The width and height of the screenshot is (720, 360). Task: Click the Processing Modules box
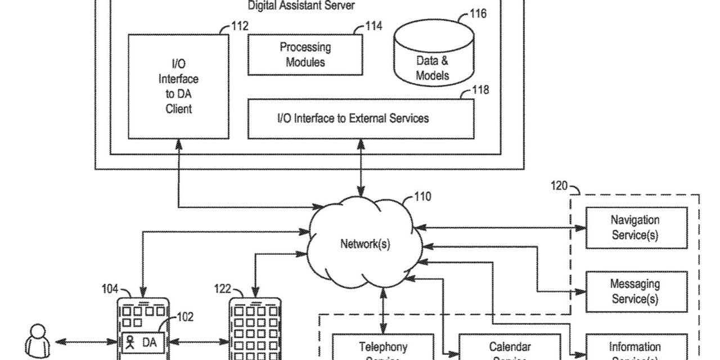click(x=305, y=55)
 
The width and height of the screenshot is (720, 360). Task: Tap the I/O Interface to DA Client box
click(x=178, y=87)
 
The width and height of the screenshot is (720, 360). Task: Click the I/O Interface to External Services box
click(x=360, y=119)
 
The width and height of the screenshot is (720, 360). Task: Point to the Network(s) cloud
click(x=364, y=244)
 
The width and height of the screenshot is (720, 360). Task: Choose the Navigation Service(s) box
click(x=636, y=228)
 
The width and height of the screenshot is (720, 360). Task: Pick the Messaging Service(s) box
click(x=636, y=292)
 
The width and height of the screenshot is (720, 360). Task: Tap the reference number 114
click(x=373, y=26)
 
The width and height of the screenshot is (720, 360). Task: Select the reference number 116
click(x=478, y=13)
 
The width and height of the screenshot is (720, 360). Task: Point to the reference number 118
click(x=480, y=90)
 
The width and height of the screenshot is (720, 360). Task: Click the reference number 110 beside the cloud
click(x=422, y=197)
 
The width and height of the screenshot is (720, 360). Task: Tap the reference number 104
click(x=110, y=289)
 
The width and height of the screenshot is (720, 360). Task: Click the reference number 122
click(x=223, y=289)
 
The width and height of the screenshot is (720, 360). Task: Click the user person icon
click(x=35, y=340)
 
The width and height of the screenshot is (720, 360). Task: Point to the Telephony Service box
click(x=382, y=349)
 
